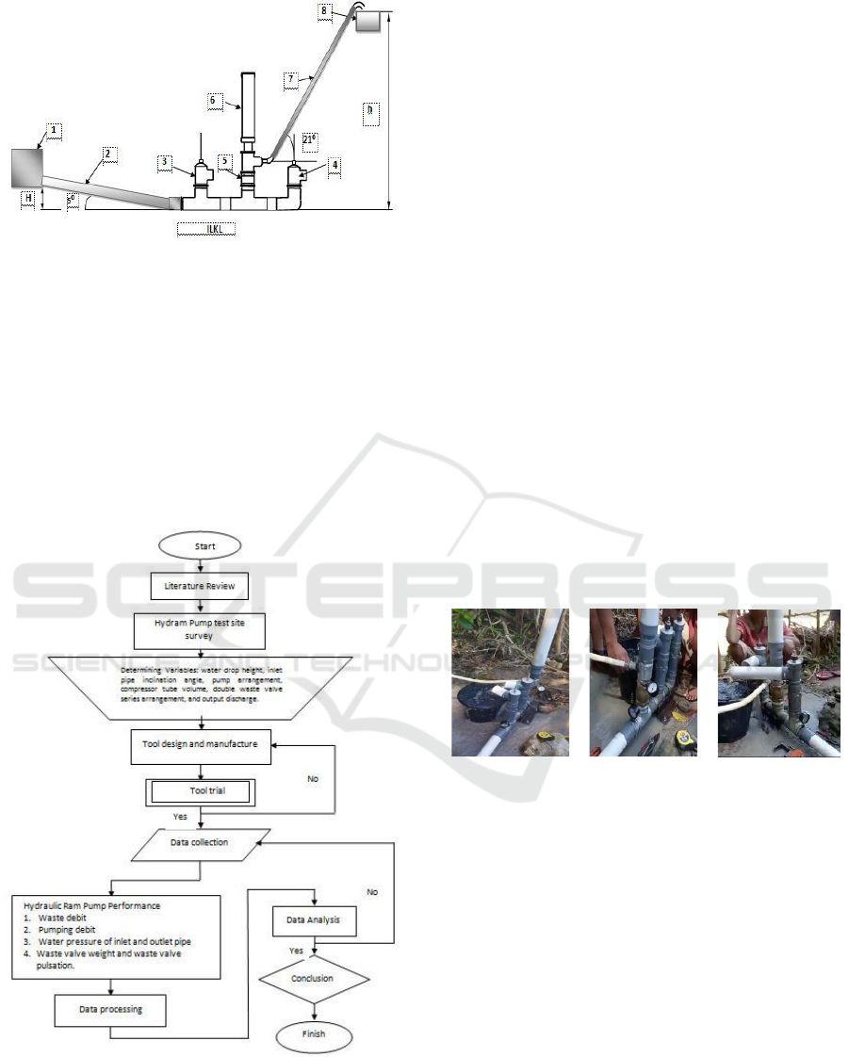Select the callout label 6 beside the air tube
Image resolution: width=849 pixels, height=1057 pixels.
(212, 99)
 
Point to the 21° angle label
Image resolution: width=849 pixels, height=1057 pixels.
(308, 142)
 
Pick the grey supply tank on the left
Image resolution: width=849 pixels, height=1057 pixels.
(28, 167)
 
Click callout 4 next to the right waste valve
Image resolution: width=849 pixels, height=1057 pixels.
(335, 164)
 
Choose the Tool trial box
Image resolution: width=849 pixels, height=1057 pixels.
(198, 791)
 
